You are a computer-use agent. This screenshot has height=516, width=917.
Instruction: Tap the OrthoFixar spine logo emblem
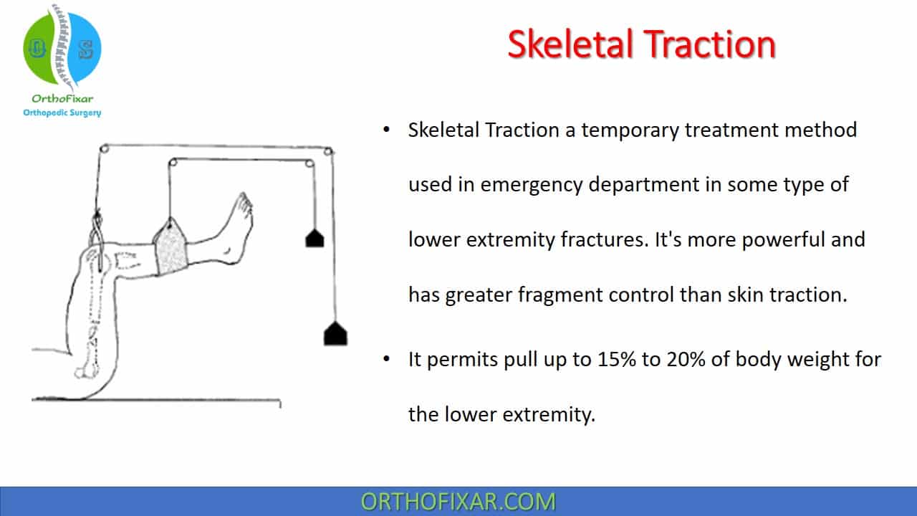click(62, 48)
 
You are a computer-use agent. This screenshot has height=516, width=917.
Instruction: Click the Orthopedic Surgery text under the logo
click(62, 113)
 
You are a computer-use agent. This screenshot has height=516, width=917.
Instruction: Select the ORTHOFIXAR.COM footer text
click(458, 502)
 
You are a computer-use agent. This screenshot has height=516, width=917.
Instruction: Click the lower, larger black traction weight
click(336, 333)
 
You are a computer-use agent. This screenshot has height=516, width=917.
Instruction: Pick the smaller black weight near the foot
click(315, 239)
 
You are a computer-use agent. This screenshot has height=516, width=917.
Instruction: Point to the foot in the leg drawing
click(236, 229)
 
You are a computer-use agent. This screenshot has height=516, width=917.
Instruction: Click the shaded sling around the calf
click(171, 247)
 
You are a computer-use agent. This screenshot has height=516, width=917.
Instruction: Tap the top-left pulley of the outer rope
click(104, 148)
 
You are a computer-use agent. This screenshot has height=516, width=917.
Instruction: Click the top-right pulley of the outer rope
click(328, 151)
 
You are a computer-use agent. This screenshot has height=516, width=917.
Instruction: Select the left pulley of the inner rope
click(173, 163)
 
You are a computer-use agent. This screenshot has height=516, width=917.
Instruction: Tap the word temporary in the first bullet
click(630, 131)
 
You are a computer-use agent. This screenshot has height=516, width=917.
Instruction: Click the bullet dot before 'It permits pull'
click(386, 359)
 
